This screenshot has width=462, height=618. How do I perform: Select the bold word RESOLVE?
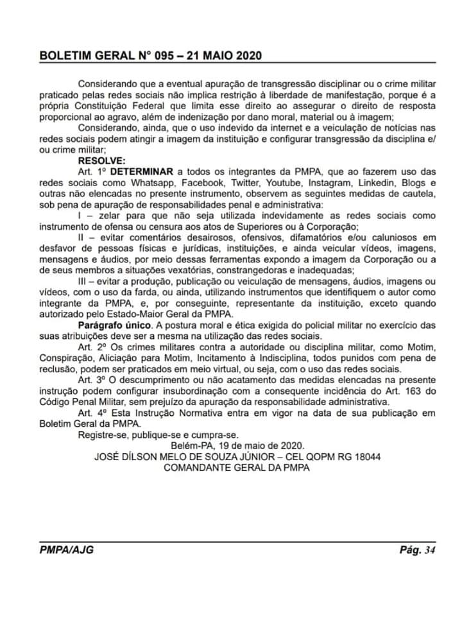(102, 160)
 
